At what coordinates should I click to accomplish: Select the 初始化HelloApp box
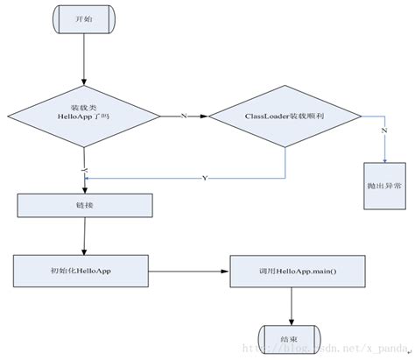[85, 270]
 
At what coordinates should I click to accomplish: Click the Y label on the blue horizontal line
[205, 179]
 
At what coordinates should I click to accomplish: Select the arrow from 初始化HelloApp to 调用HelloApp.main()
[192, 271]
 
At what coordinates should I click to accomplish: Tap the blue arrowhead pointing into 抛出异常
[385, 159]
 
